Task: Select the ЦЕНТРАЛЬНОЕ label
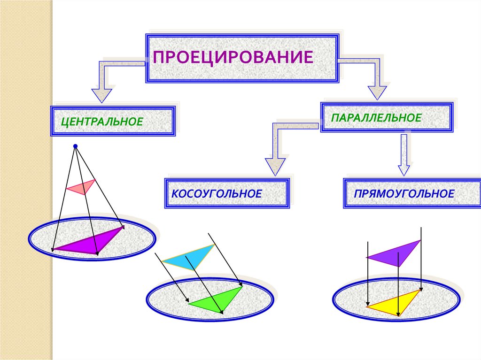(102, 122)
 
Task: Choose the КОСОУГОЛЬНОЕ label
(217, 193)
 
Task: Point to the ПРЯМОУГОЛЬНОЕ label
(404, 193)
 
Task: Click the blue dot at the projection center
(75, 146)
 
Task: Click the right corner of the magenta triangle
(124, 227)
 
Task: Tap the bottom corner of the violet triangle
(399, 266)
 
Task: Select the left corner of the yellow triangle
(367, 307)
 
